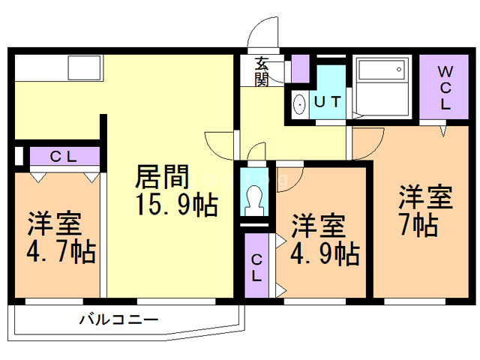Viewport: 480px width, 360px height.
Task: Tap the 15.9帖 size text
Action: (x=177, y=203)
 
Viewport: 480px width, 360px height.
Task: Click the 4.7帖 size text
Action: (x=62, y=251)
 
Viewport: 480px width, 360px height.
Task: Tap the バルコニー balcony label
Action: (x=120, y=319)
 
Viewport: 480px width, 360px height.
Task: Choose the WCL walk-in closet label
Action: (x=444, y=88)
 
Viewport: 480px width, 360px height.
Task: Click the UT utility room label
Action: (x=328, y=102)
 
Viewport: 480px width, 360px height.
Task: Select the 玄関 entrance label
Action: (x=262, y=71)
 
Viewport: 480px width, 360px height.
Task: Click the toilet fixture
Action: (x=254, y=197)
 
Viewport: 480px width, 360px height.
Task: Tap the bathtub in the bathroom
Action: (x=382, y=76)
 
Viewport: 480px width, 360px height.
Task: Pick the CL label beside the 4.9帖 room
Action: (x=257, y=268)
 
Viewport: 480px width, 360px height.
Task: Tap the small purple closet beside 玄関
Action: (x=300, y=69)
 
